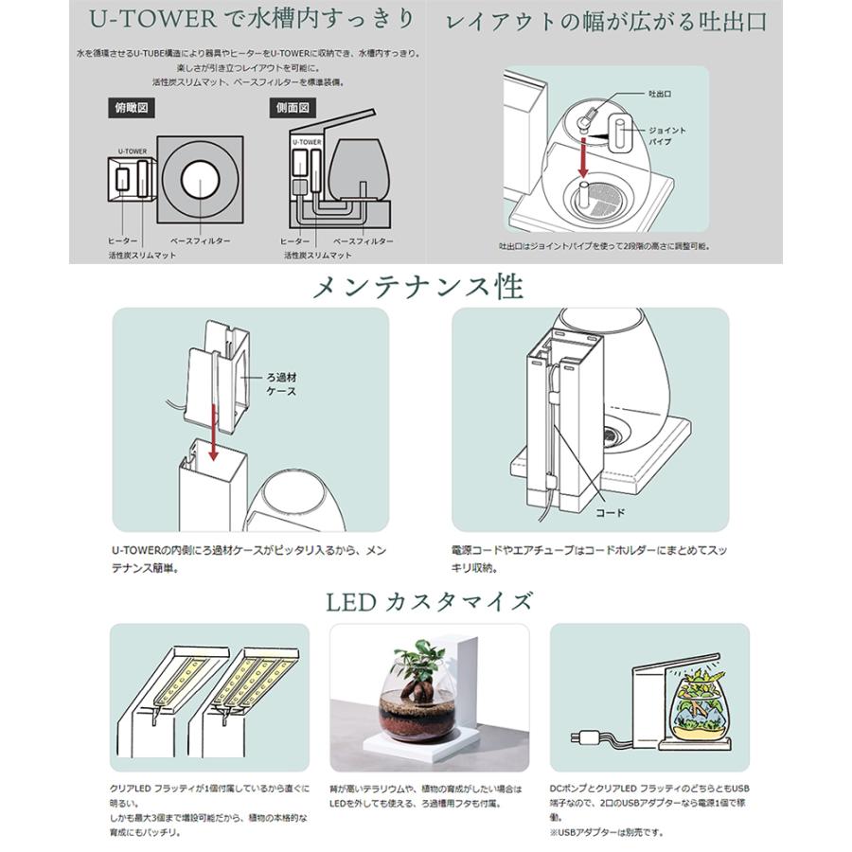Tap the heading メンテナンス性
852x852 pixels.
point(425,285)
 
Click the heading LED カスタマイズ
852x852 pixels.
point(425,600)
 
